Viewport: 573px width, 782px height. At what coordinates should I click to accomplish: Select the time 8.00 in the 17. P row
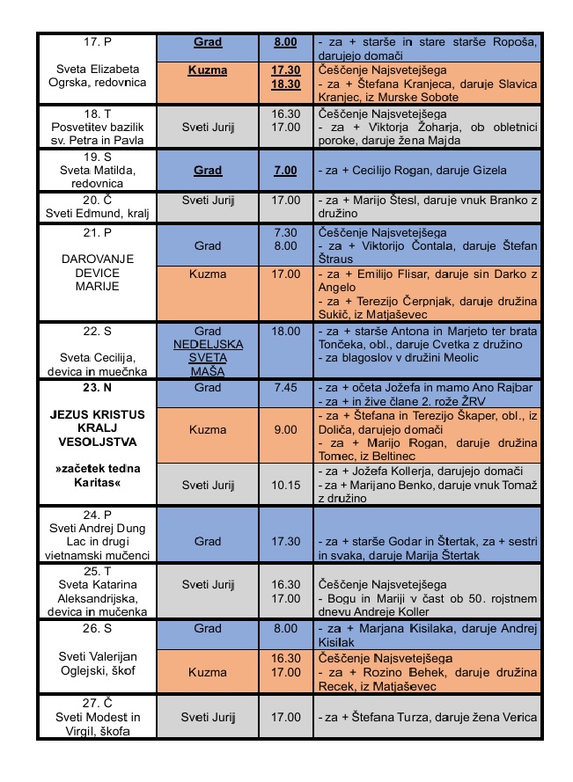pos(285,41)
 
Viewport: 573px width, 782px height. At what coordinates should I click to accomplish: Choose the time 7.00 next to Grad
pos(285,170)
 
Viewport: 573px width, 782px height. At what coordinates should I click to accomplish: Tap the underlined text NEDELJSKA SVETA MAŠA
pos(208,357)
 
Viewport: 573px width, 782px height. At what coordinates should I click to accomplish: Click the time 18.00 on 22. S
pos(285,332)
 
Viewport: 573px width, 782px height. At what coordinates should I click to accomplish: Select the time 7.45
pos(285,387)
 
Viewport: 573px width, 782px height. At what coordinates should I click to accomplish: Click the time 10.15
pos(285,484)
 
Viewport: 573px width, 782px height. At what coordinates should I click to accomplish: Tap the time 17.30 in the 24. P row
pos(285,541)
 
